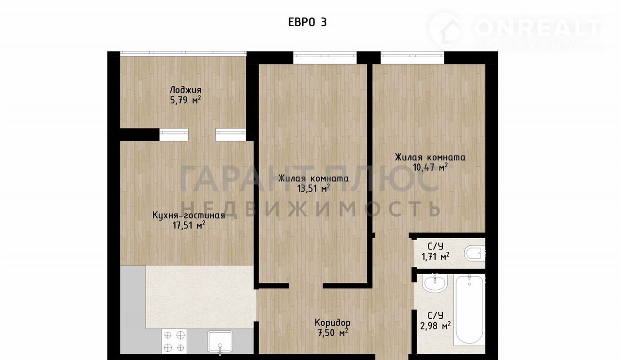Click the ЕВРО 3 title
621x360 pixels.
pos(308,22)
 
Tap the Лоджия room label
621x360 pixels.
pos(185,90)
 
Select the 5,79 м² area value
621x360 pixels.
pos(185,100)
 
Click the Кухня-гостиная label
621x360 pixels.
pos(189,215)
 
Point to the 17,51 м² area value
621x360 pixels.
pos(189,225)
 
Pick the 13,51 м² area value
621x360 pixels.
pos(313,189)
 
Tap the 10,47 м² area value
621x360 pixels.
pos(430,167)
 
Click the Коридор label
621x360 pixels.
pos(332,323)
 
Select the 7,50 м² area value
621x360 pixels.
pos(333,332)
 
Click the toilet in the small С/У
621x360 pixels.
pos(474,253)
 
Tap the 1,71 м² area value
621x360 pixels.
pos(435,257)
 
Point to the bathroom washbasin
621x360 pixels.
pos(435,283)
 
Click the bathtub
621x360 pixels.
pos(469,310)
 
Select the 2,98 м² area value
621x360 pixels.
pos(435,326)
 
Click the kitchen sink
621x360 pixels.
pos(220,342)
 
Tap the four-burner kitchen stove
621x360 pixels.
pos(174,341)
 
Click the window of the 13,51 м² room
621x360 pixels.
pos(325,58)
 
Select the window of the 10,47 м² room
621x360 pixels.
pos(412,58)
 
